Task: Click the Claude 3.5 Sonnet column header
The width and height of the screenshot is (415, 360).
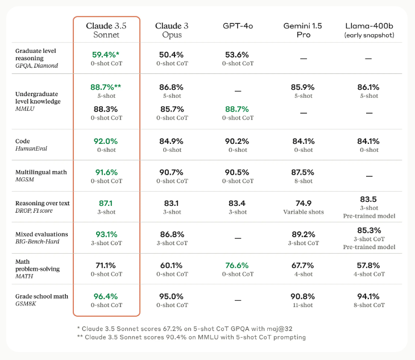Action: (106, 30)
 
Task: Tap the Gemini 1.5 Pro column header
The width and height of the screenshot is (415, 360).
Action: (303, 30)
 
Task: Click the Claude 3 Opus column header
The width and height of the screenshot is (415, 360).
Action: (172, 30)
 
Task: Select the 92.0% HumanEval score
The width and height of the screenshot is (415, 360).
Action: (106, 141)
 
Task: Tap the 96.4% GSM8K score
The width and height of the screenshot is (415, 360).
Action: (106, 296)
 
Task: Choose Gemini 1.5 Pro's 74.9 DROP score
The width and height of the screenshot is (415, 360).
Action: (303, 203)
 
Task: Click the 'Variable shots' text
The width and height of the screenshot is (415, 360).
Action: (303, 212)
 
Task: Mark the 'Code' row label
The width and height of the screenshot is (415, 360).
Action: (23, 141)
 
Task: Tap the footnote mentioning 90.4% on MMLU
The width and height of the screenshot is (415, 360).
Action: (191, 337)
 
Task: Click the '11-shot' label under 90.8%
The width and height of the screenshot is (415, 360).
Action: (303, 305)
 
